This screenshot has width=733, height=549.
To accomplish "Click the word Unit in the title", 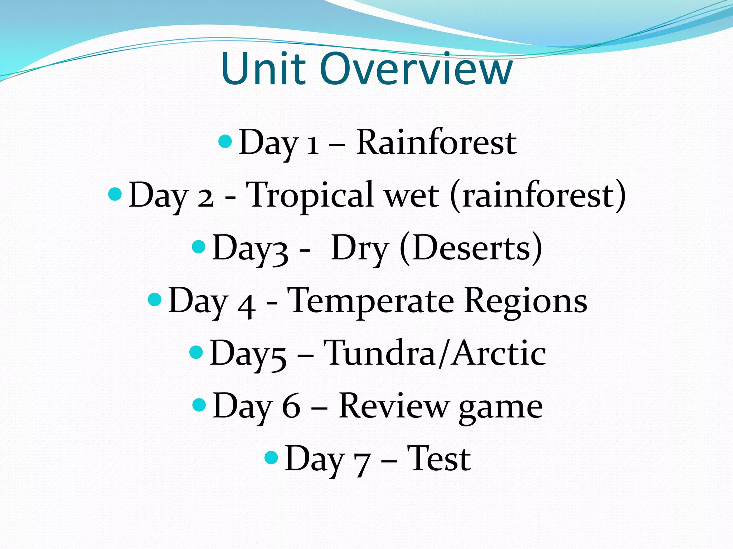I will tap(264, 69).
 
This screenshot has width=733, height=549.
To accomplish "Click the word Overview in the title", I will tap(416, 69).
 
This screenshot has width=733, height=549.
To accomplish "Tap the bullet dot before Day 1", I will tap(225, 142).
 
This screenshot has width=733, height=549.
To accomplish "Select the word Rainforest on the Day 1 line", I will tap(436, 143).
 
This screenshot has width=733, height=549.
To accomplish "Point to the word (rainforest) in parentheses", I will tap(538, 196).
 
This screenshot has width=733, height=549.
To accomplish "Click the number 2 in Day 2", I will tap(206, 197).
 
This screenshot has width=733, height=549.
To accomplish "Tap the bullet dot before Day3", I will tap(199, 247).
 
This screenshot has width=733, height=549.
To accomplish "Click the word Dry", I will tap(360, 249).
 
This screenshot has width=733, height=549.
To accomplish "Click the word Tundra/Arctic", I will tap(435, 353).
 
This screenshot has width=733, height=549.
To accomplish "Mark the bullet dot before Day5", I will tap(196, 352).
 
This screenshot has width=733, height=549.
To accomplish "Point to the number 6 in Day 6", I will tap(291, 407).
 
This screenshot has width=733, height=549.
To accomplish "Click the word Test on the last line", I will tap(439, 458).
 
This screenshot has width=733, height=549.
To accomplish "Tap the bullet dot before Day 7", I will tap(271, 457).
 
